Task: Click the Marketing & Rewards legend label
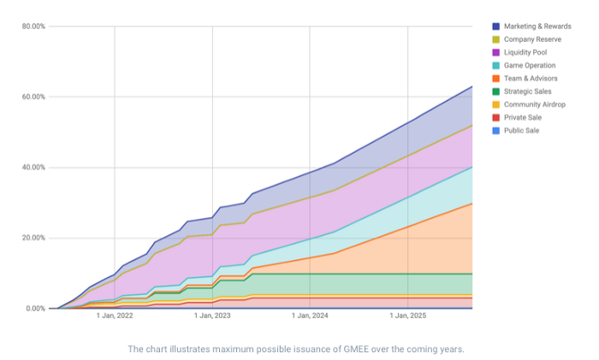click(x=538, y=27)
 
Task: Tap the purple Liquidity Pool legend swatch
click(x=495, y=52)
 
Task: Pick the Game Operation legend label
click(x=530, y=66)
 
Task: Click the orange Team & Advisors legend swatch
click(x=495, y=79)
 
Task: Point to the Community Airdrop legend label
click(x=533, y=104)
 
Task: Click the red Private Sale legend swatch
click(x=495, y=117)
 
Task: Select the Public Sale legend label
click(x=522, y=131)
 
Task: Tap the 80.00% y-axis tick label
click(x=33, y=27)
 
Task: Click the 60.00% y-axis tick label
click(x=33, y=97)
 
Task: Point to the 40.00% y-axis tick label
click(x=33, y=168)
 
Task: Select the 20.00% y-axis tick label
click(x=33, y=238)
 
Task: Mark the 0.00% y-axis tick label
click(x=35, y=309)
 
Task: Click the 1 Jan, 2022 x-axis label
click(x=116, y=316)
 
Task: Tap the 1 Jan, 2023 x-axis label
click(x=213, y=316)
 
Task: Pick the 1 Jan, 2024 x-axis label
click(x=311, y=316)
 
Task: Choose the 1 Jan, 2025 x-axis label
click(x=408, y=316)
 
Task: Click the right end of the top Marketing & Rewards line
click(x=472, y=86)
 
